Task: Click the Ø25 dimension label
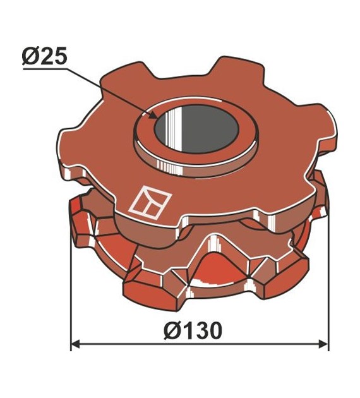pos(44,56)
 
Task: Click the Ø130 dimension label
pos(193,330)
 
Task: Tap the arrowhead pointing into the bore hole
pos(152,115)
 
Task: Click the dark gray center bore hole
pos(196,129)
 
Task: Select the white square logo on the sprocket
pos(150,202)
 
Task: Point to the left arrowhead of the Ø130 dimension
pos(76,344)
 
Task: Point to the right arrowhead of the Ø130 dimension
pos(323,344)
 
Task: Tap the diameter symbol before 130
pos(172,331)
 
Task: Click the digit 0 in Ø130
pos(214,331)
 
